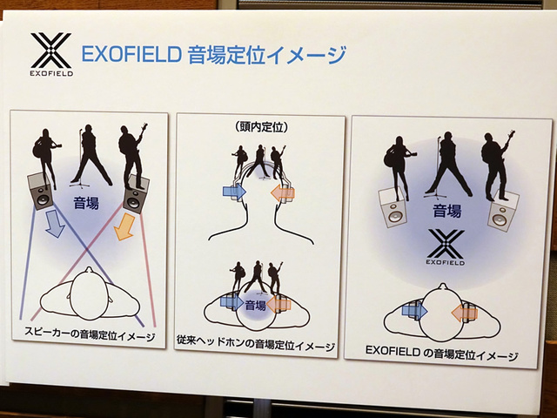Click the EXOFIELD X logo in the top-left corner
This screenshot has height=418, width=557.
pos(50,51)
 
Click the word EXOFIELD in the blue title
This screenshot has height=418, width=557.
pos(130,56)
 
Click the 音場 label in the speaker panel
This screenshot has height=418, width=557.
pos(85,205)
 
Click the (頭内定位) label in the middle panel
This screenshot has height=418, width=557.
pos(261,127)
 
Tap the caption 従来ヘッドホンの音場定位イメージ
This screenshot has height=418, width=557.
pos(258,347)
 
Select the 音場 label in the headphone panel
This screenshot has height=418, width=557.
pos(256,305)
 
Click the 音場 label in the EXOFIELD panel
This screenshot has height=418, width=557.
pos(446,210)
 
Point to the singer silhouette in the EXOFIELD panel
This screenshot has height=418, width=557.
pos(448,164)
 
